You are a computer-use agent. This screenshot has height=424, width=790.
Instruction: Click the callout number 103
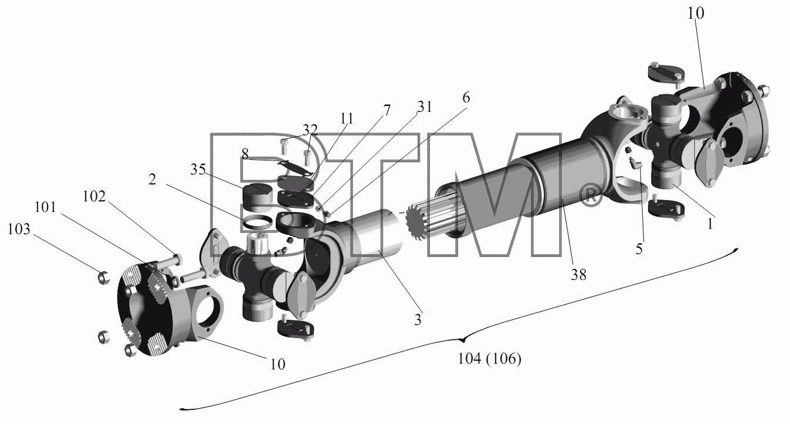point(19,229)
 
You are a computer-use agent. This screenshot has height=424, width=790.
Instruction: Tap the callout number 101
point(45,207)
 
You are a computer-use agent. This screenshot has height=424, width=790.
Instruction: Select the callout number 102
point(94,197)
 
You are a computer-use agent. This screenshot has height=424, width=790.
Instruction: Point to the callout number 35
point(198,170)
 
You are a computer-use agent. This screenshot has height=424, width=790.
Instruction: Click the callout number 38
point(579,275)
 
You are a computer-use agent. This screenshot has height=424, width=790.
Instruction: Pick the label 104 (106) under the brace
point(489,359)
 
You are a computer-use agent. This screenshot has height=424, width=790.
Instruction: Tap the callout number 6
point(466,98)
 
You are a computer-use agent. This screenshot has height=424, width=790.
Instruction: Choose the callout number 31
point(424,107)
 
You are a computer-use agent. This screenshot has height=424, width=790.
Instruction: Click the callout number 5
point(639,249)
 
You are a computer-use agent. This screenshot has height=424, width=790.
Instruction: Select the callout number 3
point(418,320)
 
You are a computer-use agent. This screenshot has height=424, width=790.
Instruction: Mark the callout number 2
point(152,180)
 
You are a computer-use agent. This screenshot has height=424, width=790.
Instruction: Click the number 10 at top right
point(696,13)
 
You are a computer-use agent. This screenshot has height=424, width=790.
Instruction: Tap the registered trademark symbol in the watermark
point(589,196)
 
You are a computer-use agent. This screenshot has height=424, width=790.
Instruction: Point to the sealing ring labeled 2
point(257,223)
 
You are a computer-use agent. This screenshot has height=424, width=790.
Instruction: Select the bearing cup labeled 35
point(258,197)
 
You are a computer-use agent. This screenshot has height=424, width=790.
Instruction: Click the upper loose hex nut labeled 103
point(103,278)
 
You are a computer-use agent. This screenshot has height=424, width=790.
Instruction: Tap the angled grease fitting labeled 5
point(635,163)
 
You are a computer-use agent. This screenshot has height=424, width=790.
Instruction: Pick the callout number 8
point(245,154)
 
